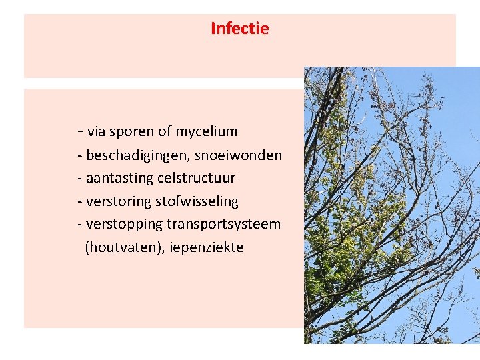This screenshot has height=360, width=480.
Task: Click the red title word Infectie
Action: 239,29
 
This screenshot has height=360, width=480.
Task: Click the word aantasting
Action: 119,179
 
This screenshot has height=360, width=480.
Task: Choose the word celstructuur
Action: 196,179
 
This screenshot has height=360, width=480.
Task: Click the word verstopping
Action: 125,224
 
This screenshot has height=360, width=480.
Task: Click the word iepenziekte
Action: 207,247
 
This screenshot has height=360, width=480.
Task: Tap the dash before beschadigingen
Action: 80,156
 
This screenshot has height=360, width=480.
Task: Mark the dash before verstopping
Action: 80,225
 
